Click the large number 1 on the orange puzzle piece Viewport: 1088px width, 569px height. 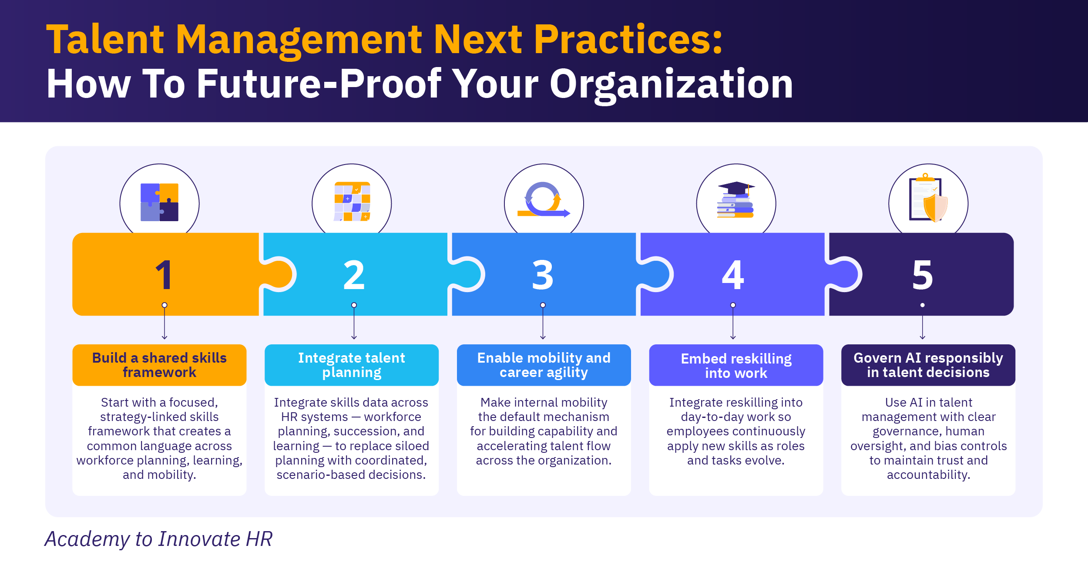[164, 275]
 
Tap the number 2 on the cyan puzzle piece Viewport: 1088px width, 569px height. [354, 275]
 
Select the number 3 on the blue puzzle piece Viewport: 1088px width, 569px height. [543, 275]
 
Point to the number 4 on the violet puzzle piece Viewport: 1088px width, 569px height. [733, 275]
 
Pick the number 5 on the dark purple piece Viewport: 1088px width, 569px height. [923, 275]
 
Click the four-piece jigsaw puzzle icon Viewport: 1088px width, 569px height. [159, 202]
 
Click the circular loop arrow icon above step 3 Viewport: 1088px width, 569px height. [543, 199]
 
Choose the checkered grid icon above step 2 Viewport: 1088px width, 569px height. [352, 202]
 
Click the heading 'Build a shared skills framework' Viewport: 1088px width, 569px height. [159, 365]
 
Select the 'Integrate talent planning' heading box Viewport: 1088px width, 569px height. [352, 365]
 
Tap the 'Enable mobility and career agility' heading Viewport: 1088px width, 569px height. [544, 365]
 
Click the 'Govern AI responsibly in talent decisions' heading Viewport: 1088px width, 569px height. [928, 365]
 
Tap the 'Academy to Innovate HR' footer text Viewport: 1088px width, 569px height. [159, 539]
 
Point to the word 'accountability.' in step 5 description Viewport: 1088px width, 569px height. [929, 475]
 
